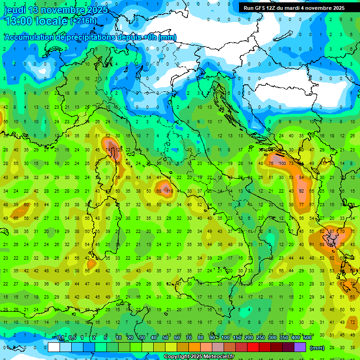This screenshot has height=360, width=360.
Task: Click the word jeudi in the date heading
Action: [x=15, y=10]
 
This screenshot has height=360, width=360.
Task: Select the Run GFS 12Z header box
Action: [x=294, y=8]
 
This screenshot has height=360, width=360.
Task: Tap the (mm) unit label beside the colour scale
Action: [x=317, y=348]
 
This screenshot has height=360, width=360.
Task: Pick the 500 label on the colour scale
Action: [x=307, y=338]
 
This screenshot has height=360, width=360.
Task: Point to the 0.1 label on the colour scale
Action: [x=60, y=338]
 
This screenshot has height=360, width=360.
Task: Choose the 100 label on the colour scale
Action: [x=225, y=338]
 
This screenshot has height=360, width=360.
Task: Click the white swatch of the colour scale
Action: [x=54, y=347]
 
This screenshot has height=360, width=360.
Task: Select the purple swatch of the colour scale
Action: [x=300, y=347]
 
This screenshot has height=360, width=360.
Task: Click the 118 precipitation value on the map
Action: [x=170, y=191]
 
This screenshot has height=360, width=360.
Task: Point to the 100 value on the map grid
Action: [x=282, y=164]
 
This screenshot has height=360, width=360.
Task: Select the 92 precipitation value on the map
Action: [x=302, y=191]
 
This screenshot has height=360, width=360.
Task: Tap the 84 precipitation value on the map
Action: [x=301, y=178]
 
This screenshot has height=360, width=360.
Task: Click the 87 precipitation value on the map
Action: [x=332, y=232]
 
